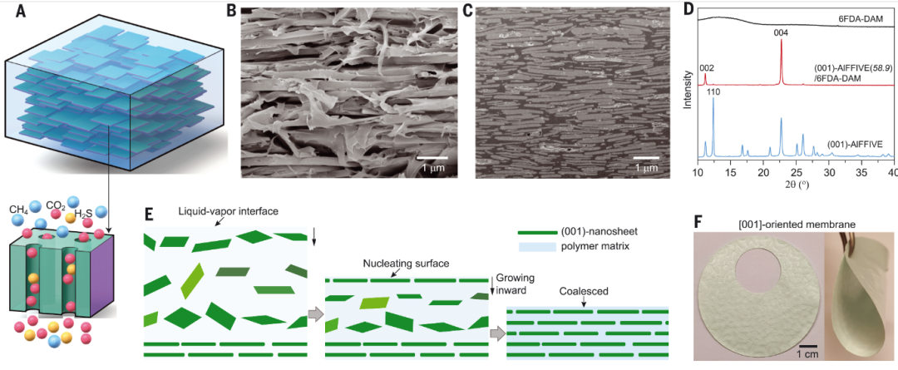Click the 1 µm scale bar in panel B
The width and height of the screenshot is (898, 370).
(432, 155)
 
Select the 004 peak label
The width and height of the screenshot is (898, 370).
(782, 32)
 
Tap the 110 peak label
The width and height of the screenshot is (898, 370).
(713, 91)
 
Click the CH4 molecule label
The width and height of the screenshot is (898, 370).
(18, 209)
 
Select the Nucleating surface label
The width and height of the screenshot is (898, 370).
(406, 264)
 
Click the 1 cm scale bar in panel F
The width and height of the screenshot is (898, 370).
(811, 345)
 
